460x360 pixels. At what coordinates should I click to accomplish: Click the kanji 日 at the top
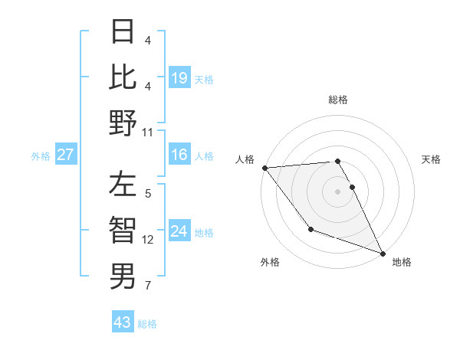(123, 32)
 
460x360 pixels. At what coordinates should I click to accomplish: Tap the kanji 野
(123, 123)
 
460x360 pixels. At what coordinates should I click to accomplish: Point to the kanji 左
(123, 186)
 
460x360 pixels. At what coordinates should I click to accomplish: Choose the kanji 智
(123, 231)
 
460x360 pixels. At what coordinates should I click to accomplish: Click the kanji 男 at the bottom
(123, 277)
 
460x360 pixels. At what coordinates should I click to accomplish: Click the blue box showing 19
(179, 77)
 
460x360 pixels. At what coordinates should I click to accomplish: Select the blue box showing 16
(179, 155)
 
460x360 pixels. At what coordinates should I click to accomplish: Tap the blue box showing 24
(179, 231)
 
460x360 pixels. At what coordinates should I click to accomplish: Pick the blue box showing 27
(66, 155)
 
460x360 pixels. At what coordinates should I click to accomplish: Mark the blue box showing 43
(123, 322)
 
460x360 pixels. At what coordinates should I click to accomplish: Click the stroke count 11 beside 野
(148, 132)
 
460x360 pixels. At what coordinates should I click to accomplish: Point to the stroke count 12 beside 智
(148, 240)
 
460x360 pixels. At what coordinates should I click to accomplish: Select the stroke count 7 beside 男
(148, 286)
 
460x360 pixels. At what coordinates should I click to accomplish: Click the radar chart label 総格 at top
(338, 100)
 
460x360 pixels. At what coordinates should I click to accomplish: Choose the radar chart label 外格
(270, 262)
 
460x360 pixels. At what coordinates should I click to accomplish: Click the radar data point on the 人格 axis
(264, 168)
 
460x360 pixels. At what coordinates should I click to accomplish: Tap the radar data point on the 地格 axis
(383, 253)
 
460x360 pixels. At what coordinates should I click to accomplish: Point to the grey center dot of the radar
(338, 191)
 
